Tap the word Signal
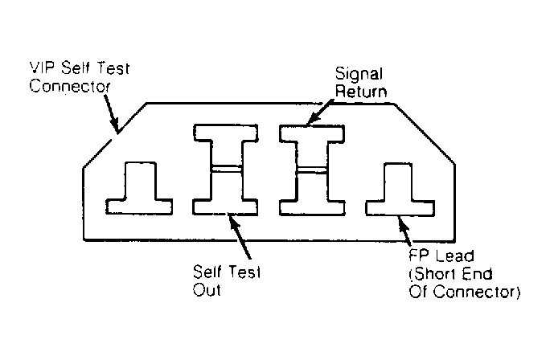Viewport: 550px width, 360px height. point(359,75)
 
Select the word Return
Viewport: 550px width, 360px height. point(361,92)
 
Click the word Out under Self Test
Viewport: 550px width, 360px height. point(207,290)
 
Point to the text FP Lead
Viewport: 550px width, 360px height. point(441,256)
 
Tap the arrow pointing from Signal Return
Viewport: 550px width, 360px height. point(320,112)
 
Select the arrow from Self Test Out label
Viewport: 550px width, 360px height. point(240,236)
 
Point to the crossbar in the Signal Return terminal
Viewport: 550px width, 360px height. point(312,170)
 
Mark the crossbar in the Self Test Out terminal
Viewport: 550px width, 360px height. point(226,169)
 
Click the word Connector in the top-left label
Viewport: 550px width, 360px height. point(70,87)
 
